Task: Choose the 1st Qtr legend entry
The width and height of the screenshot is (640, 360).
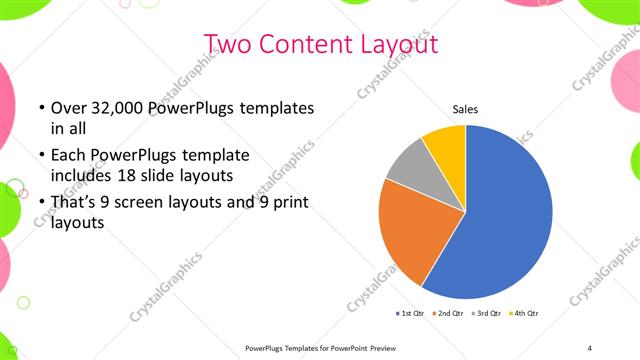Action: click(x=411, y=314)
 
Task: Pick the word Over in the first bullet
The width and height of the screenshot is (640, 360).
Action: click(x=68, y=107)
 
